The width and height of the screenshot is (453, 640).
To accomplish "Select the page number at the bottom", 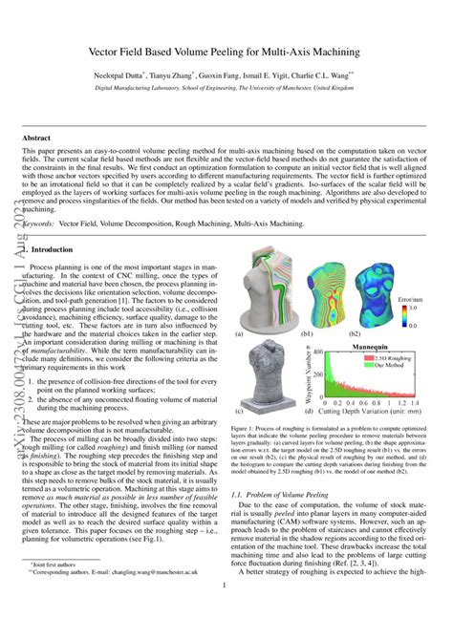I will [x=226, y=612].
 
